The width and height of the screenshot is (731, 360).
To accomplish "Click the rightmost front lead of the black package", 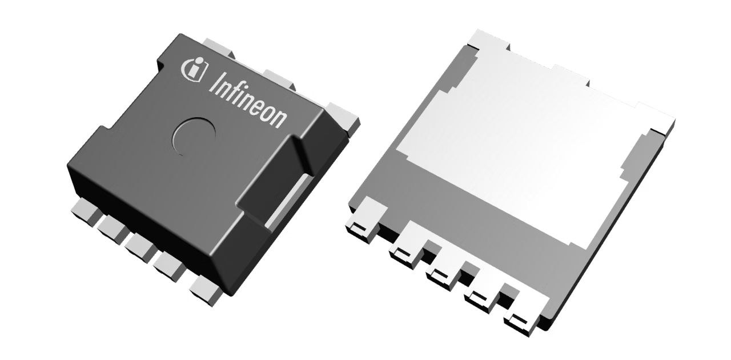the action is (206, 291).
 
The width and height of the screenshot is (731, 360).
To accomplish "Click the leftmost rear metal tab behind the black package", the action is (219, 49).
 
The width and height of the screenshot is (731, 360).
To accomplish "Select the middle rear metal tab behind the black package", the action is (280, 79).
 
